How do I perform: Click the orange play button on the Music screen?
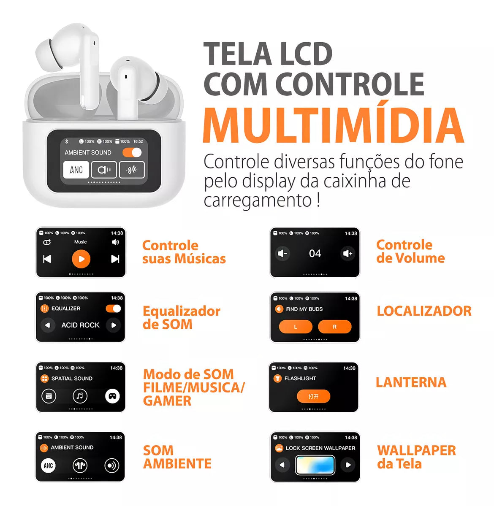81,259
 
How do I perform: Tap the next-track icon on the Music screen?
115,259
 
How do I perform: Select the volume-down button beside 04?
282,254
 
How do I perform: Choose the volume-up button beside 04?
347,254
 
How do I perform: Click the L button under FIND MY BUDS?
296,327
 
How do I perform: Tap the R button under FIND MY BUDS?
334,327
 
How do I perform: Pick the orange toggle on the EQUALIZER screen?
113,308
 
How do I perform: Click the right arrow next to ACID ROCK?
114,325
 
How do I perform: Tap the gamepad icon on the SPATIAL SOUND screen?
112,396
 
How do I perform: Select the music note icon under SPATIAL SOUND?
80,396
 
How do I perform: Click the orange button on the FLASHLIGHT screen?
313,396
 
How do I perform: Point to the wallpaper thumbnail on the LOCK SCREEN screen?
315,465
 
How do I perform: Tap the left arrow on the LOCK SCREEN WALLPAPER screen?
282,465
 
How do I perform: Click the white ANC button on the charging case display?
76,170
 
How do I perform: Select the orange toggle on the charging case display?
132,152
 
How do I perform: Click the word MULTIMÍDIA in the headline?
333,125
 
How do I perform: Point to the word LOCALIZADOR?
424,311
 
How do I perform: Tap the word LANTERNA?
411,382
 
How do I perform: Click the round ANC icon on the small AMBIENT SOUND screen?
49,465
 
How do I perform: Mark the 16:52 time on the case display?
138,141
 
